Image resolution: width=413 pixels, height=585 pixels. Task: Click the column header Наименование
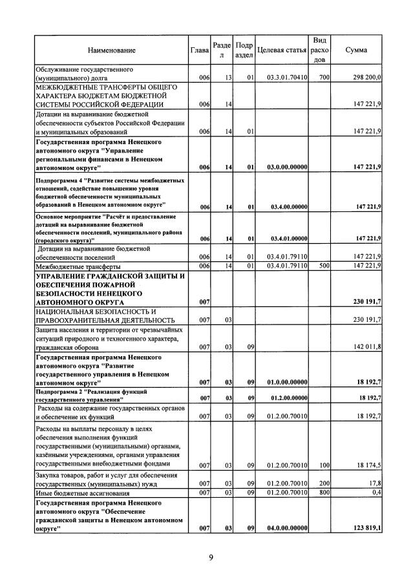click(x=112, y=50)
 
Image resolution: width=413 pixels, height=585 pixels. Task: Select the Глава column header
click(x=199, y=50)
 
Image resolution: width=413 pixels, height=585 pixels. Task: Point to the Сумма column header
click(x=357, y=50)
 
